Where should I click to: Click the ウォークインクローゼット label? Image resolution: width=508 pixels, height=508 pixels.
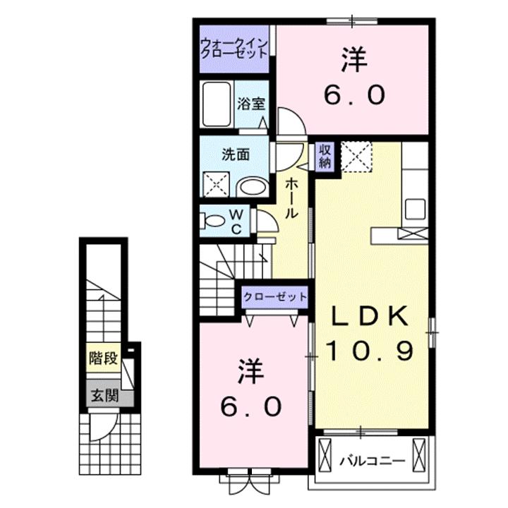(234, 48)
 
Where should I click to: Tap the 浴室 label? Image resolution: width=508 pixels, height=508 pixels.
(251, 103)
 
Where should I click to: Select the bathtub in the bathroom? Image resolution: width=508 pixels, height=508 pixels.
(217, 104)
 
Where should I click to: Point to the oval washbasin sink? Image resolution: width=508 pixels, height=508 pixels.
(251, 186)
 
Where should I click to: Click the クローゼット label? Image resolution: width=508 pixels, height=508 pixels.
(275, 297)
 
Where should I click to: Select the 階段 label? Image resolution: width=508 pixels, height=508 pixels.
(102, 358)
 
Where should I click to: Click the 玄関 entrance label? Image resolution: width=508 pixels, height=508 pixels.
(102, 395)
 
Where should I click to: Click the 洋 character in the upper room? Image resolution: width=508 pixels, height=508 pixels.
(354, 61)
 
